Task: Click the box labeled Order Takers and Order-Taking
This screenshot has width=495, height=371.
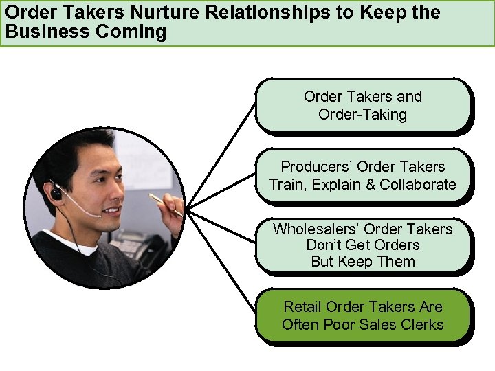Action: (363, 105)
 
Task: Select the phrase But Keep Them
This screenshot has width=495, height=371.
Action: (363, 262)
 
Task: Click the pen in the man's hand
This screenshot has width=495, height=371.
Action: (165, 205)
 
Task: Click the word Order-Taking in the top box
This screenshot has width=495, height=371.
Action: (363, 114)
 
